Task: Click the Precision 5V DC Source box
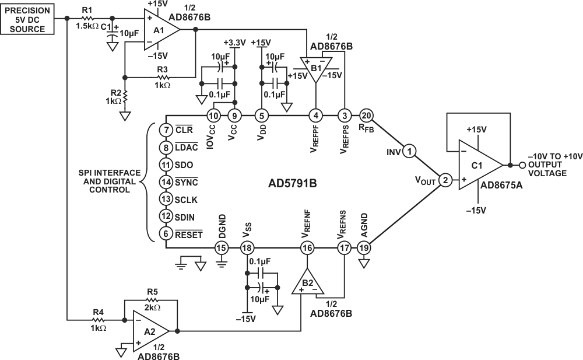(27, 19)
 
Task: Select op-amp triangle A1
(161, 29)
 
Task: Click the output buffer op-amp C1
(480, 165)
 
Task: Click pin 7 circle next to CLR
(166, 130)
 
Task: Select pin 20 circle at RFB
(366, 116)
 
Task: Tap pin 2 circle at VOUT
(445, 180)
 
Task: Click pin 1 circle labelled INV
(410, 151)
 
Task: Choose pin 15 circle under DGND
(221, 248)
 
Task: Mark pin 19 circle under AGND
(364, 248)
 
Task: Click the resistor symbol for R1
(88, 18)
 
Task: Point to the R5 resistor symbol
(152, 300)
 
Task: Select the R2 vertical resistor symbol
(125, 96)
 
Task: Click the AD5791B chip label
(293, 183)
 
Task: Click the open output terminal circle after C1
(522, 165)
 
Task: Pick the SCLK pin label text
(187, 200)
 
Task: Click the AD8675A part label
(501, 185)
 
